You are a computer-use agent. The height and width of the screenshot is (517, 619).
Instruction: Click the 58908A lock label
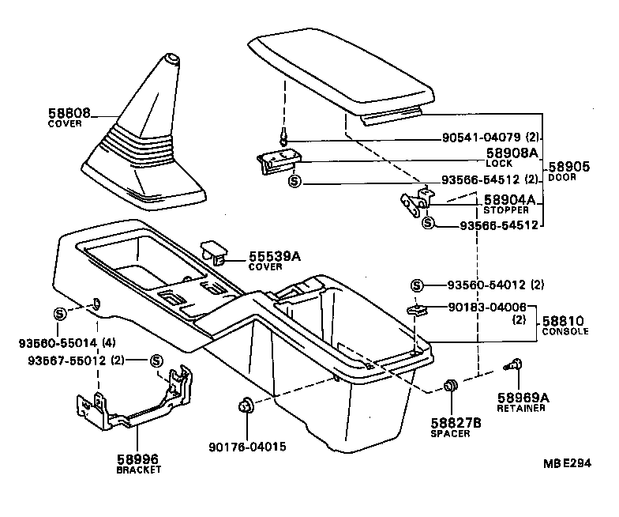pos(511,153)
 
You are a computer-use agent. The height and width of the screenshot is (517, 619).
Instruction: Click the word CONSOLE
pos(565,331)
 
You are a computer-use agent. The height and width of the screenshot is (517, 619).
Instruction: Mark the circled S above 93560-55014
pos(59,314)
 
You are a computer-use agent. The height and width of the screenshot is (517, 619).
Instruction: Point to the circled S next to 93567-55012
pos(156,360)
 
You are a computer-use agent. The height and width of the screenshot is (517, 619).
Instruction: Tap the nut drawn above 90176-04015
pos(244,408)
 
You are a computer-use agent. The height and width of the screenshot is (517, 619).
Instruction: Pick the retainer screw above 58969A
pos(514,366)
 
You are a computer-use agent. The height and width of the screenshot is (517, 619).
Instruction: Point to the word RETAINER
pos(520,409)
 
